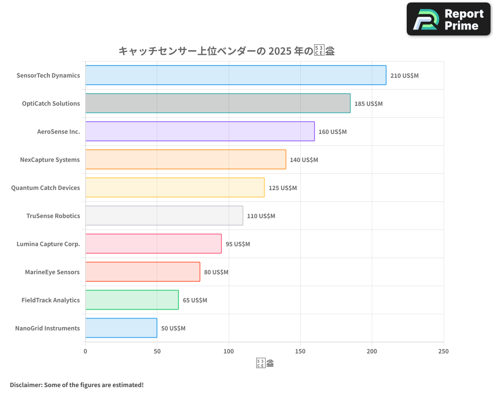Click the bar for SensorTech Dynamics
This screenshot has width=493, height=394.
pos(236,75)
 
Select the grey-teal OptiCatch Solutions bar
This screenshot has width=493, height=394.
pos(217,103)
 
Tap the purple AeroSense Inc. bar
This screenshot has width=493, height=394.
pos(200,131)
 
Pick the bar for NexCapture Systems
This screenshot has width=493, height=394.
pos(185,160)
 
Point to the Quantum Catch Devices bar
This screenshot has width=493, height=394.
pos(175,188)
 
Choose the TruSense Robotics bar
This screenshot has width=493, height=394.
pos(164,216)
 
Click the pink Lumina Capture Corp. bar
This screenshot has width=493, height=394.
pos(153,244)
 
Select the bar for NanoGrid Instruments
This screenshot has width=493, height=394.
pos(121,328)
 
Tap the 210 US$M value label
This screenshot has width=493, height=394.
pos(404,76)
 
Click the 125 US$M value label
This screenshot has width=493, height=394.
pos(282,188)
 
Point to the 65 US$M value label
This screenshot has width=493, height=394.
pos(195,300)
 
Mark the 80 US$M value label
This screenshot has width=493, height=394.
pos(216,272)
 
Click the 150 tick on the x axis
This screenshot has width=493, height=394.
pos(300,351)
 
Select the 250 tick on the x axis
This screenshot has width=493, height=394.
pos(443,351)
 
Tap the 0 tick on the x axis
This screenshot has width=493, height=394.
pos(85,351)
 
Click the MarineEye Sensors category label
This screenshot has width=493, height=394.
pos(52,272)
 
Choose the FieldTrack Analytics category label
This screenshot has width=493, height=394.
pos(50,300)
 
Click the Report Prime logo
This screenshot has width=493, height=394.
pos(449,19)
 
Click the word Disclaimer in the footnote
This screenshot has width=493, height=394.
pos(25,385)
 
